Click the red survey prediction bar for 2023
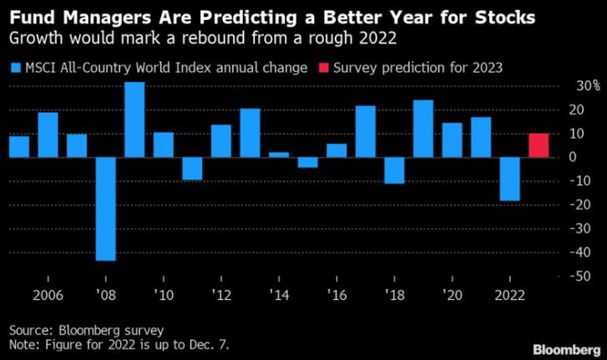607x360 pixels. (x=539, y=145)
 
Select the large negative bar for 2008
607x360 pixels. (x=105, y=209)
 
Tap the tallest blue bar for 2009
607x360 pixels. (x=134, y=119)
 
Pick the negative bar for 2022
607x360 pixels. (x=509, y=179)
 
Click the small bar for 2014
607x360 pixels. (x=279, y=155)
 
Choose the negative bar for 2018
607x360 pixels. (x=394, y=170)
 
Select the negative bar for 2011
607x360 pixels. (x=192, y=168)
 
